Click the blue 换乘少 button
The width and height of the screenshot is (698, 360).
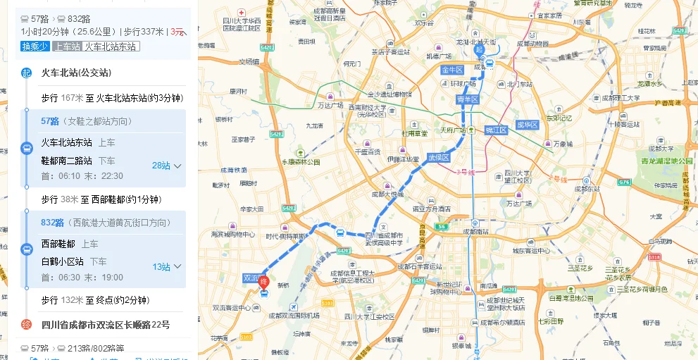click(x=35, y=46)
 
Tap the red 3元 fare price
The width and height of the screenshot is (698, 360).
click(x=177, y=32)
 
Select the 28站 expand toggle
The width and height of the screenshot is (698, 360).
click(x=167, y=166)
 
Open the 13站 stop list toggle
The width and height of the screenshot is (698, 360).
click(x=167, y=267)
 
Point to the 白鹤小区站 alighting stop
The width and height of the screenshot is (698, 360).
click(x=62, y=261)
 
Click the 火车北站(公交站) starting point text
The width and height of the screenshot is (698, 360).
click(x=76, y=73)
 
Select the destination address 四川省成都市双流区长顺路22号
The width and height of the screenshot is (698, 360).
click(x=106, y=325)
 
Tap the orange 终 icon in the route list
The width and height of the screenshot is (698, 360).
click(x=26, y=325)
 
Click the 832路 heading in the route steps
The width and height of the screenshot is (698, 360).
click(x=52, y=223)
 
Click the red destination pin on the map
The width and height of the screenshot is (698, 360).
click(x=264, y=284)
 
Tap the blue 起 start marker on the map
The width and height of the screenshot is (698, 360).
click(x=480, y=49)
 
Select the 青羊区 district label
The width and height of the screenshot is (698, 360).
click(x=467, y=99)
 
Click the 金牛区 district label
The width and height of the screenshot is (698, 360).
click(x=451, y=70)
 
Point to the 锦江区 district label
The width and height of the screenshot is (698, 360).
click(x=497, y=130)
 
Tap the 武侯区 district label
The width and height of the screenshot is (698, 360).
click(x=438, y=158)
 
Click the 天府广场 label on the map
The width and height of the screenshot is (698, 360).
click(x=453, y=130)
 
